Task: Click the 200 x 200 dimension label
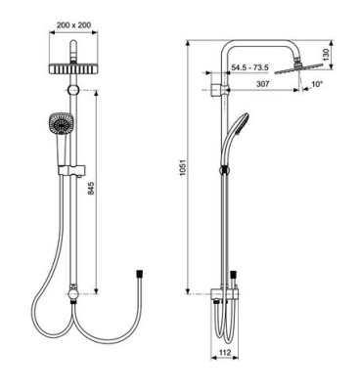tap(73, 25)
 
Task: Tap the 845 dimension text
tap(91, 189)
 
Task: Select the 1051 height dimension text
tap(182, 168)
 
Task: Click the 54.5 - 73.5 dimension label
tap(249, 67)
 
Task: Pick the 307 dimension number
tap(262, 84)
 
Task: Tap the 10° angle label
tap(317, 84)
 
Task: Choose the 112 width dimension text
tap(225, 352)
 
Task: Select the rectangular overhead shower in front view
tap(73, 67)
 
